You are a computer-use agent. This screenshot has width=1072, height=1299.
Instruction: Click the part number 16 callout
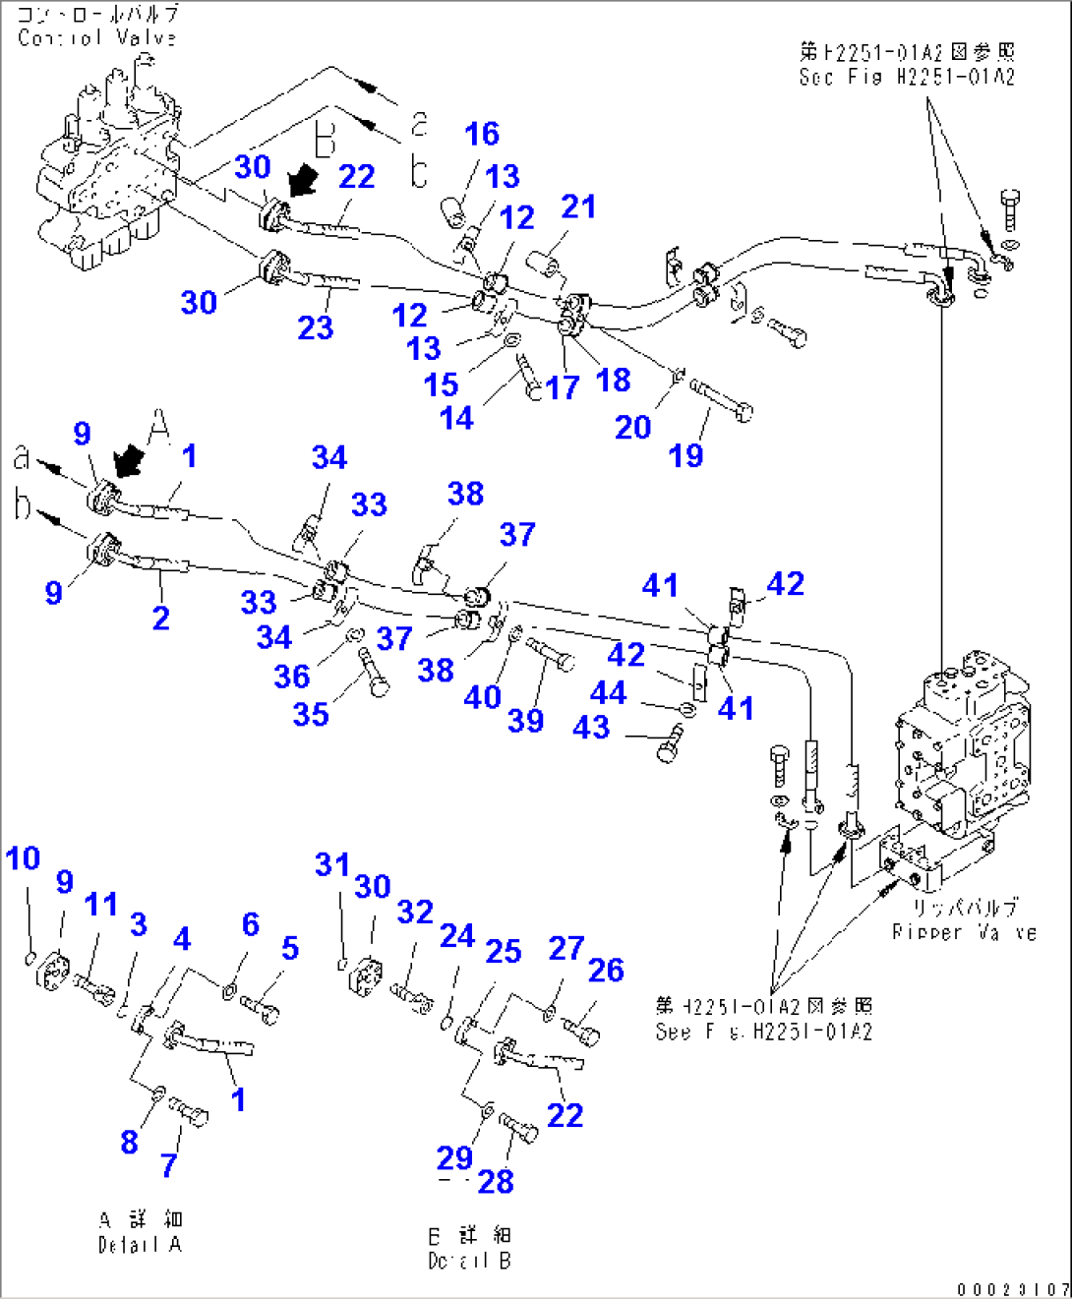pos(482,134)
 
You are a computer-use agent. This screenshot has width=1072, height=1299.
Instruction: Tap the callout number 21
pos(578,207)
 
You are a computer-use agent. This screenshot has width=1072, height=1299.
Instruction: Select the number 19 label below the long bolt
pos(685,455)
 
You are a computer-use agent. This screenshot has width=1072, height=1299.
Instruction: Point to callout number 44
pos(608,692)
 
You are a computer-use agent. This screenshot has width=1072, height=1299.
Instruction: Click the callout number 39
pos(525,721)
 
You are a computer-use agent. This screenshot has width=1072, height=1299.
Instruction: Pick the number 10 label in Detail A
pos(23,858)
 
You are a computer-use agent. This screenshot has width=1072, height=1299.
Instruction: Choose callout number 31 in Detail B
pos(331,864)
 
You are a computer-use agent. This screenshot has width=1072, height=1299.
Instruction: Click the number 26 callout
pos(606,971)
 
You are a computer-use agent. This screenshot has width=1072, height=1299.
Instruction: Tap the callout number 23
pos(315,327)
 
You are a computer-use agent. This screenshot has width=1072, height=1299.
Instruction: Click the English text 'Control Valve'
pos(96,38)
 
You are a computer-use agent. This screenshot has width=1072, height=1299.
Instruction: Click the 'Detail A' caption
pos(140,1245)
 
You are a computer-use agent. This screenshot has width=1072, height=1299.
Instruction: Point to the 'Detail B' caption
pos(469,1261)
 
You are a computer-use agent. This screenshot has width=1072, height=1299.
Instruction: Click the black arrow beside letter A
pos(128,459)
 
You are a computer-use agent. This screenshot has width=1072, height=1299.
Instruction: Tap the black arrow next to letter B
pos(302,180)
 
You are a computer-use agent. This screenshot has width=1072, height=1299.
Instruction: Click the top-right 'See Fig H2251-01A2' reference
pos(907,77)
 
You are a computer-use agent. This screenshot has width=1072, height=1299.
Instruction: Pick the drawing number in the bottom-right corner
pos(1012,1288)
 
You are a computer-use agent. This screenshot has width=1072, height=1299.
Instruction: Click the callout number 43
pos(591,727)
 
